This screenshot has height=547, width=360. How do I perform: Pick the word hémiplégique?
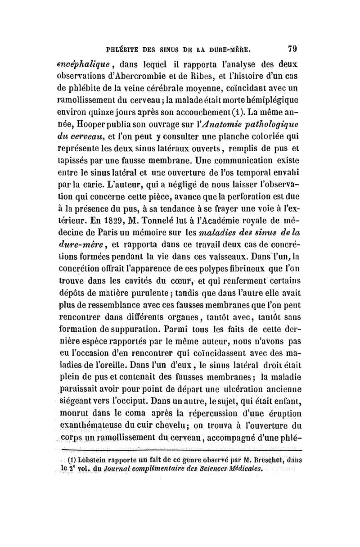click(268, 99)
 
